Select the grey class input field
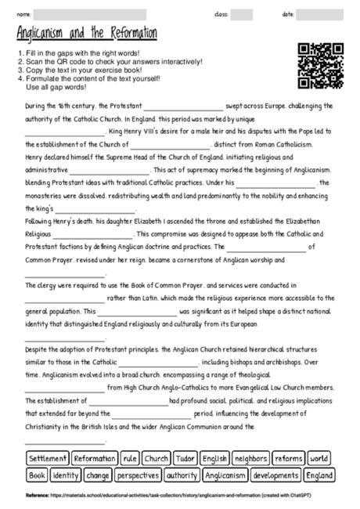(241, 14)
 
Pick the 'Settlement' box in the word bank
(47, 458)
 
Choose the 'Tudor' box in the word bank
(185, 458)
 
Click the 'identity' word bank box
(66, 475)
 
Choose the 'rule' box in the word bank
(130, 458)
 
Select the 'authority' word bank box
(182, 475)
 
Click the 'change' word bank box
(98, 475)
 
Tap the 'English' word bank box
(214, 458)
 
